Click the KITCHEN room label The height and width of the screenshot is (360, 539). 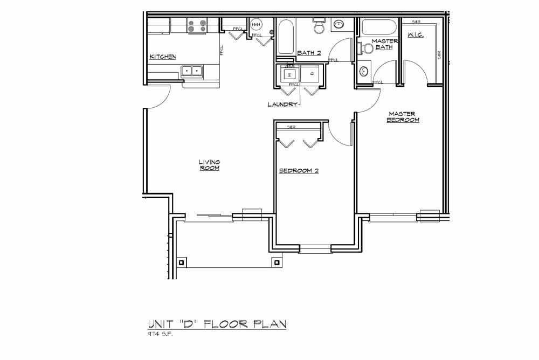pyautogui.click(x=163, y=57)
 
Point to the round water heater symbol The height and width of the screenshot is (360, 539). pyautogui.click(x=256, y=25)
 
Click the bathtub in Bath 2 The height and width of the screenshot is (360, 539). pyautogui.click(x=286, y=37)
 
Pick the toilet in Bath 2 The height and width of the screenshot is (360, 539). pyautogui.click(x=319, y=26)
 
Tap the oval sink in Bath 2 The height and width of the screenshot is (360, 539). pyautogui.click(x=339, y=24)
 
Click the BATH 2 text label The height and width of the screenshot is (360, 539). pyautogui.click(x=309, y=53)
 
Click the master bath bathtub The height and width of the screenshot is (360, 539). pyautogui.click(x=379, y=27)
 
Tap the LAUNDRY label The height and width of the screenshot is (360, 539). pyautogui.click(x=282, y=104)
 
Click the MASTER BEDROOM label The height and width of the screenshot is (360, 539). pyautogui.click(x=402, y=117)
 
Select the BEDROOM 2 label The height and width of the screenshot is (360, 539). pyautogui.click(x=299, y=171)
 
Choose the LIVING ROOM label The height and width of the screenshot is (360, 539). pyautogui.click(x=209, y=165)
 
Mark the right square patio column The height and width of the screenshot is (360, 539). pyautogui.click(x=277, y=262)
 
